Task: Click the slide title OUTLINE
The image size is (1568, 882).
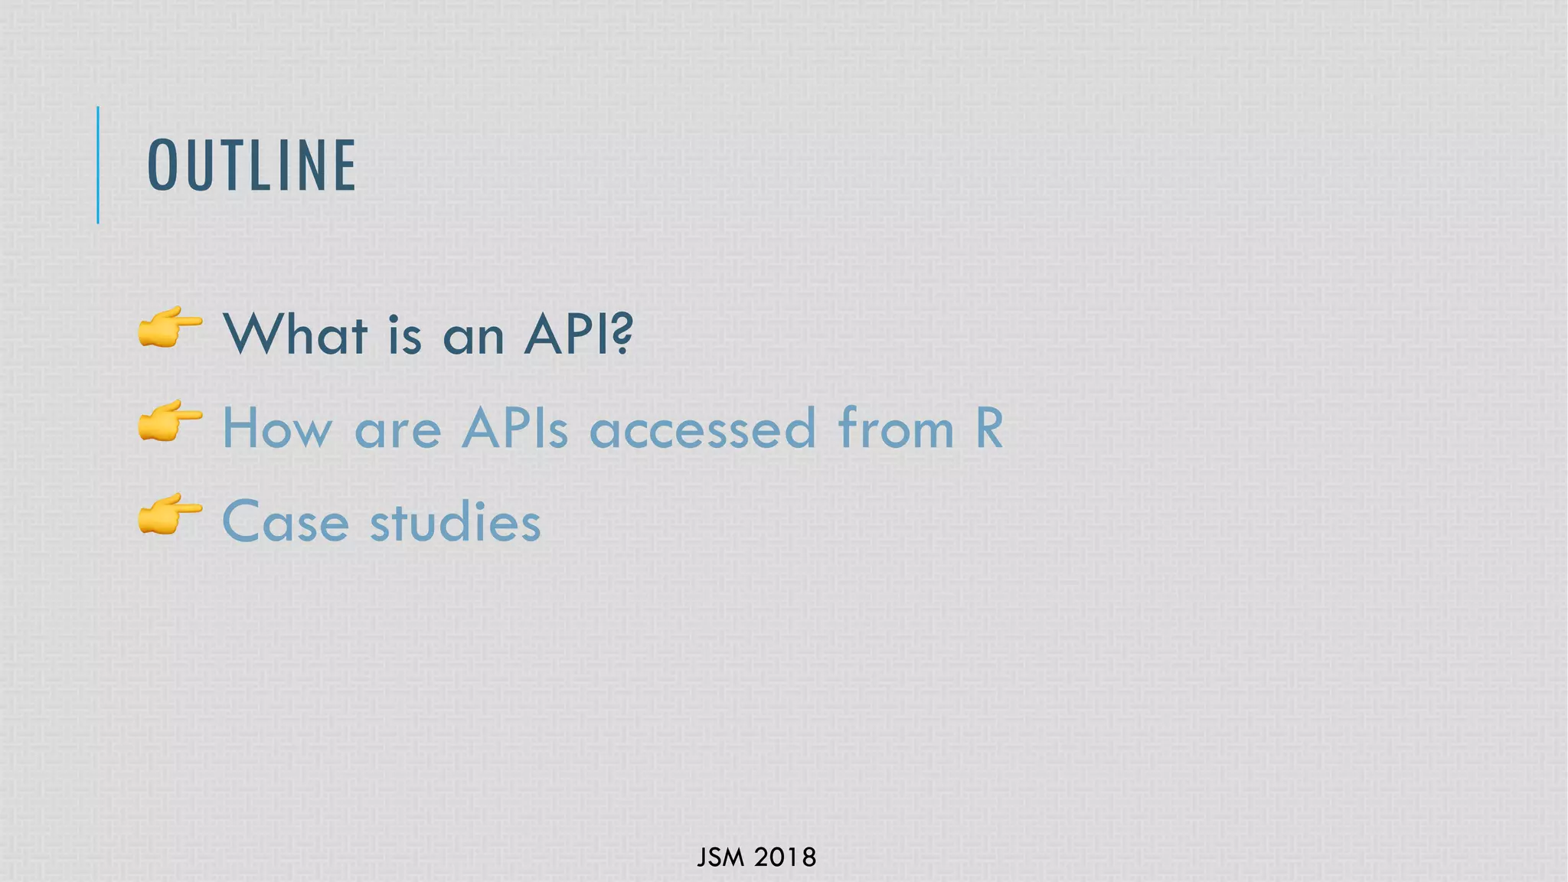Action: pyautogui.click(x=251, y=165)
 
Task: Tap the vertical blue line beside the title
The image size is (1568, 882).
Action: pyautogui.click(x=98, y=165)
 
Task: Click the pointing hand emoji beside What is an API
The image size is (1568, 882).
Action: pyautogui.click(x=170, y=328)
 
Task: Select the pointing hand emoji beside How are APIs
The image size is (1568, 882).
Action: pyautogui.click(x=170, y=421)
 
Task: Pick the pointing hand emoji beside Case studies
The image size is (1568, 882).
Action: pyautogui.click(x=170, y=514)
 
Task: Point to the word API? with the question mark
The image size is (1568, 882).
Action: pyautogui.click(x=579, y=335)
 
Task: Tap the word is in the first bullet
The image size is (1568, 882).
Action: pyautogui.click(x=404, y=335)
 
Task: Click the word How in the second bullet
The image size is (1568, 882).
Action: pyautogui.click(x=277, y=428)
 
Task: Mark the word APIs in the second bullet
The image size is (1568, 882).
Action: pyautogui.click(x=514, y=428)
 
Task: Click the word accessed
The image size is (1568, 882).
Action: pyautogui.click(x=702, y=430)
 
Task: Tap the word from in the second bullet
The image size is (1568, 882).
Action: pyautogui.click(x=896, y=428)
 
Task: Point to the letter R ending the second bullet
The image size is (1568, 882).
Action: pyautogui.click(x=989, y=428)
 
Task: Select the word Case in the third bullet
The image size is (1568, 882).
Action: pyautogui.click(x=286, y=522)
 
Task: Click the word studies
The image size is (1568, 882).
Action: pyautogui.click(x=456, y=521)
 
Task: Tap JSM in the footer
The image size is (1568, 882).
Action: pyautogui.click(x=720, y=857)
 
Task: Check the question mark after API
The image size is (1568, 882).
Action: pyautogui.click(x=623, y=335)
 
